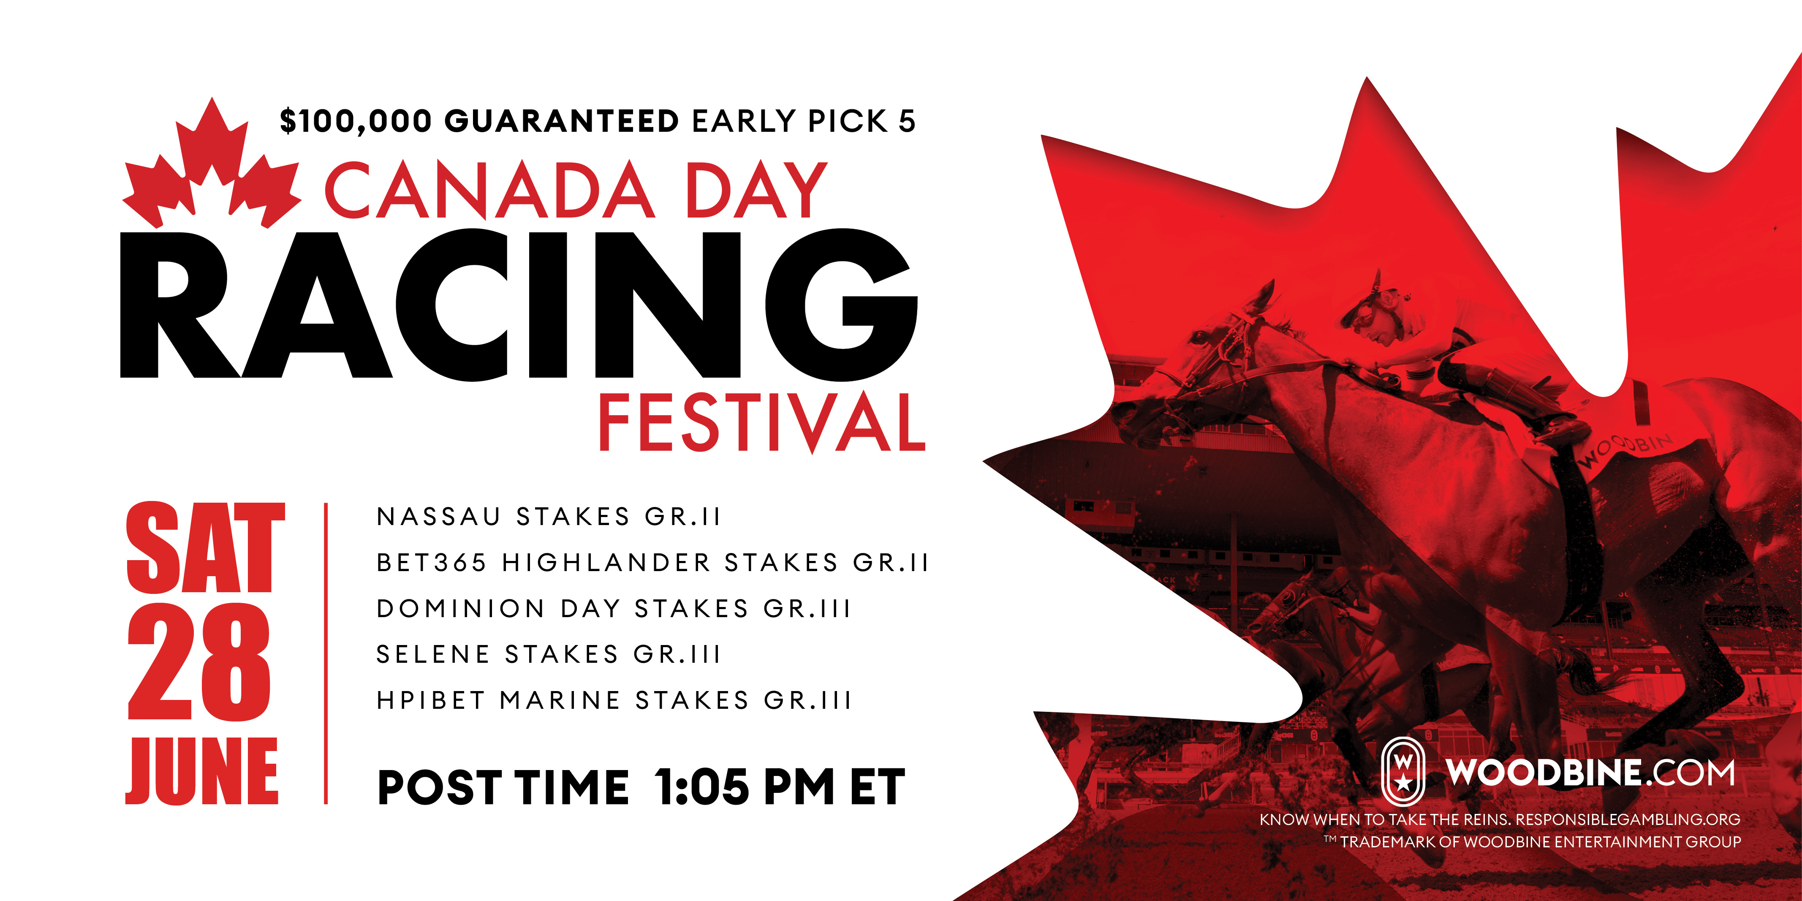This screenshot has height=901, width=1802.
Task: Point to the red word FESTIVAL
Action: (763, 422)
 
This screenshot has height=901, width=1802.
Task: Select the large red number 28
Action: (198, 662)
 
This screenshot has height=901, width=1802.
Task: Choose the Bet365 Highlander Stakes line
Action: (652, 562)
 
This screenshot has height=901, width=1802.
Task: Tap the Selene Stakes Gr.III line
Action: (549, 654)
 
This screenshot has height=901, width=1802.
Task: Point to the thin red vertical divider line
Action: (326, 653)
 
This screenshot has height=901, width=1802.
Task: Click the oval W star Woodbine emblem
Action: (1402, 772)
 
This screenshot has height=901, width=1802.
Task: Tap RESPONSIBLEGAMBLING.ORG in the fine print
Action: (1628, 819)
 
